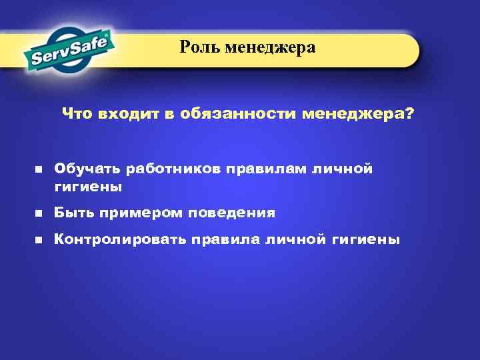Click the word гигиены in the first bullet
[88, 187]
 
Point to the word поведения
[231, 213]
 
